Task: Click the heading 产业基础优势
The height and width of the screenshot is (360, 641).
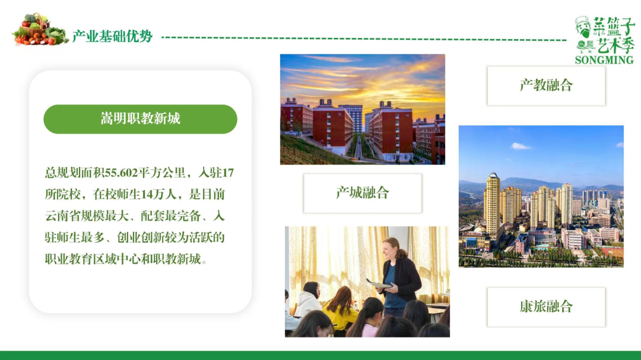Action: [x=112, y=37]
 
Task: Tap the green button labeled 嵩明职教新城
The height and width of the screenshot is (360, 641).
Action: [x=140, y=119]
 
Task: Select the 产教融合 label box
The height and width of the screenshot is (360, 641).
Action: [x=546, y=85]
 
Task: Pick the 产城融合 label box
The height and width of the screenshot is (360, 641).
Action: [x=363, y=193]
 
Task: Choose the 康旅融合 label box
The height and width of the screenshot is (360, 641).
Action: [x=546, y=307]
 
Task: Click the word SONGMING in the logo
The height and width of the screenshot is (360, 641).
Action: [x=604, y=60]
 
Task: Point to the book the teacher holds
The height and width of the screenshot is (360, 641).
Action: [x=379, y=284]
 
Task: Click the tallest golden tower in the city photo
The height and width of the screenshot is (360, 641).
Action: [x=492, y=205]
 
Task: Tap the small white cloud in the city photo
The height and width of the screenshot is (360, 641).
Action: [x=521, y=146]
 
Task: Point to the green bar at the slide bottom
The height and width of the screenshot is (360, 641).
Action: [x=320, y=355]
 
